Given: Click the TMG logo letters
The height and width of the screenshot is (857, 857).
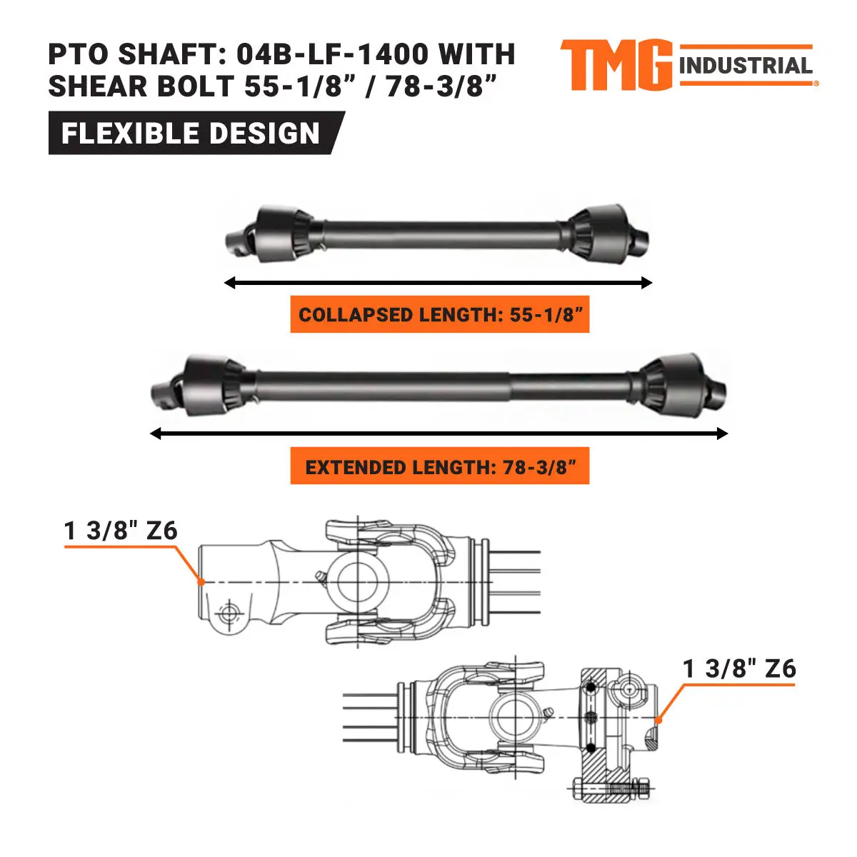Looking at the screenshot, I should pyautogui.click(x=616, y=65).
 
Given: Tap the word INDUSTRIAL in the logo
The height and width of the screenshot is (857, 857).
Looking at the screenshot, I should pyautogui.click(x=746, y=66).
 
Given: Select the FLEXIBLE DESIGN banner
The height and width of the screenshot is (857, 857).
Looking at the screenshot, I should pyautogui.click(x=191, y=134).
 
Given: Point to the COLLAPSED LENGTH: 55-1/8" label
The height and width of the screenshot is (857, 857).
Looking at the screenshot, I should pyautogui.click(x=439, y=315).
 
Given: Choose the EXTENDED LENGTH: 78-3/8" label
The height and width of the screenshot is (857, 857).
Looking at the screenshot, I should pyautogui.click(x=439, y=467).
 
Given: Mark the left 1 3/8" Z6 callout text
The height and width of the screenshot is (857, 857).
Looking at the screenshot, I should pyautogui.click(x=121, y=531).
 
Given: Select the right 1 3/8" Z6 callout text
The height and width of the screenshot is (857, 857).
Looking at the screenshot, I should pyautogui.click(x=739, y=668).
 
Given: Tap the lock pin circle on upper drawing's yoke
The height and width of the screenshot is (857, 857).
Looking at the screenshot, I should pyautogui.click(x=229, y=613).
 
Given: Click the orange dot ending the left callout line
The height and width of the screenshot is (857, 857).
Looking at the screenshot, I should pyautogui.click(x=202, y=582).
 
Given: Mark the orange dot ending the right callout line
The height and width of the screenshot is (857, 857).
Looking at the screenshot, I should pyautogui.click(x=658, y=720).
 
